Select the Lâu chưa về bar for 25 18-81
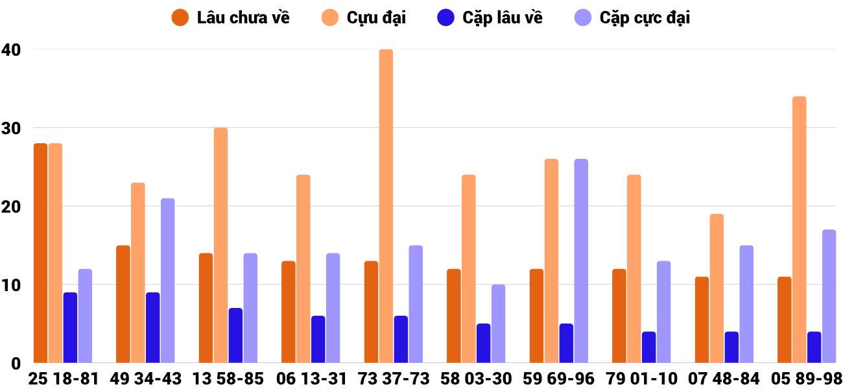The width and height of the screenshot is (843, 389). coord(40,253)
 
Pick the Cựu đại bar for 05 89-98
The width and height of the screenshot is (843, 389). coord(799,230)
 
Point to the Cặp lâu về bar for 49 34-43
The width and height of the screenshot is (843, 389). coord(153,327)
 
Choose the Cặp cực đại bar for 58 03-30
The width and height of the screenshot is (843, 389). coord(498,324)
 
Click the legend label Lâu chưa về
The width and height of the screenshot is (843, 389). coord(243,18)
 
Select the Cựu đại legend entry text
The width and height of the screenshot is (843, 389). coord(376,18)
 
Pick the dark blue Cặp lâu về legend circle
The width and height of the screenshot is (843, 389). coord(445,18)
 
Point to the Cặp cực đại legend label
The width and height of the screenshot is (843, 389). coord(645,18)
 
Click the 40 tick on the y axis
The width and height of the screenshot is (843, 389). coord(12,49)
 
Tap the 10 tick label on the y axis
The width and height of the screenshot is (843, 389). coord(12,285)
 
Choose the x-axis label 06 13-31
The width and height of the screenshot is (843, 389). coord(311,379)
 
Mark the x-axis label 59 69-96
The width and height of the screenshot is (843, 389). coord(559,379)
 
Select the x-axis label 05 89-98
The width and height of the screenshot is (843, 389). coord(807,379)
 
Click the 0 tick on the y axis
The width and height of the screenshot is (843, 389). coord(16,363)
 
